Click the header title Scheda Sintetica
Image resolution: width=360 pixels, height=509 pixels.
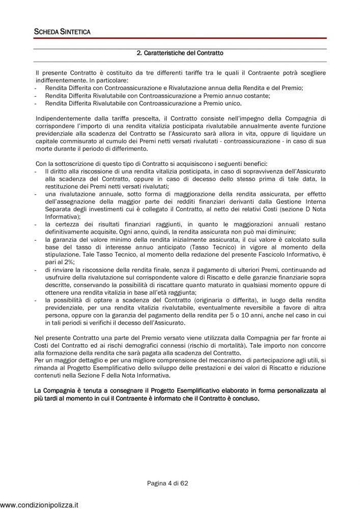(x=62, y=32)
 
